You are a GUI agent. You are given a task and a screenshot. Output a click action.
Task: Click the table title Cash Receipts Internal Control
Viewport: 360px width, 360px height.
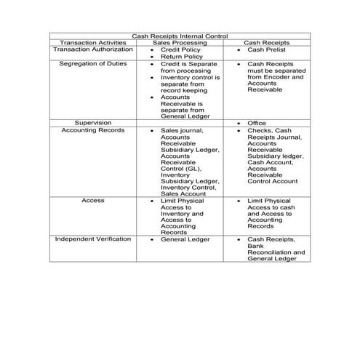180,36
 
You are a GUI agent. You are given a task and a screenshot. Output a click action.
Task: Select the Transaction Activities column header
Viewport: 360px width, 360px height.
92,43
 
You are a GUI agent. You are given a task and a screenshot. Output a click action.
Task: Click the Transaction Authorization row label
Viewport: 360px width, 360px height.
92,49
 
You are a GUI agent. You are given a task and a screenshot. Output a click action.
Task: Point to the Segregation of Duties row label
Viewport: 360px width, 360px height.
92,64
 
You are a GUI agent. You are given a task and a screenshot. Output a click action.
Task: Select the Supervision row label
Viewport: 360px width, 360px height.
92,123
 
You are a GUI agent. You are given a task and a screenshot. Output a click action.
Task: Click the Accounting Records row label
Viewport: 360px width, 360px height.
92,130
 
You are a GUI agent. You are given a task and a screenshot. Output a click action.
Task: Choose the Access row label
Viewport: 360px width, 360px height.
92,200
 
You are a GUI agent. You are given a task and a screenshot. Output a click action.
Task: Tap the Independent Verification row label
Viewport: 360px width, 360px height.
92,239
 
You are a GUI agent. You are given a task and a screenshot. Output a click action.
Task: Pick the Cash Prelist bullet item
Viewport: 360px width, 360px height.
264,49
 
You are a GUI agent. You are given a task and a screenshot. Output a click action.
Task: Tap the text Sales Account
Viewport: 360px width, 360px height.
181,193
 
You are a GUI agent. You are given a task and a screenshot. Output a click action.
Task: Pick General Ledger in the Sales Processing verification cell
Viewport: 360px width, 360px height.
185,239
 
